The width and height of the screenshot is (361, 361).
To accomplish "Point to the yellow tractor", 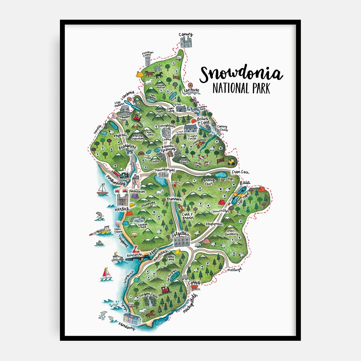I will point(231,162).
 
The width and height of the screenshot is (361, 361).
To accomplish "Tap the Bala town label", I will point(245,183).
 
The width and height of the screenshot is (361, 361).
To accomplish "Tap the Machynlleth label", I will point(190,304).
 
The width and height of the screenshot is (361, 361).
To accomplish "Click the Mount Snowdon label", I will point(138,137).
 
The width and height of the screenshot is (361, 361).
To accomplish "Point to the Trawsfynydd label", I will point(164,170).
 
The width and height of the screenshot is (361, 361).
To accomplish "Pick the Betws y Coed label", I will point(203,120).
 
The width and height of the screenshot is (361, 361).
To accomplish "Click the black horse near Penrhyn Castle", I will point(158,75).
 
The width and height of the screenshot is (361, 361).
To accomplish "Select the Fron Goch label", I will point(240,172).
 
